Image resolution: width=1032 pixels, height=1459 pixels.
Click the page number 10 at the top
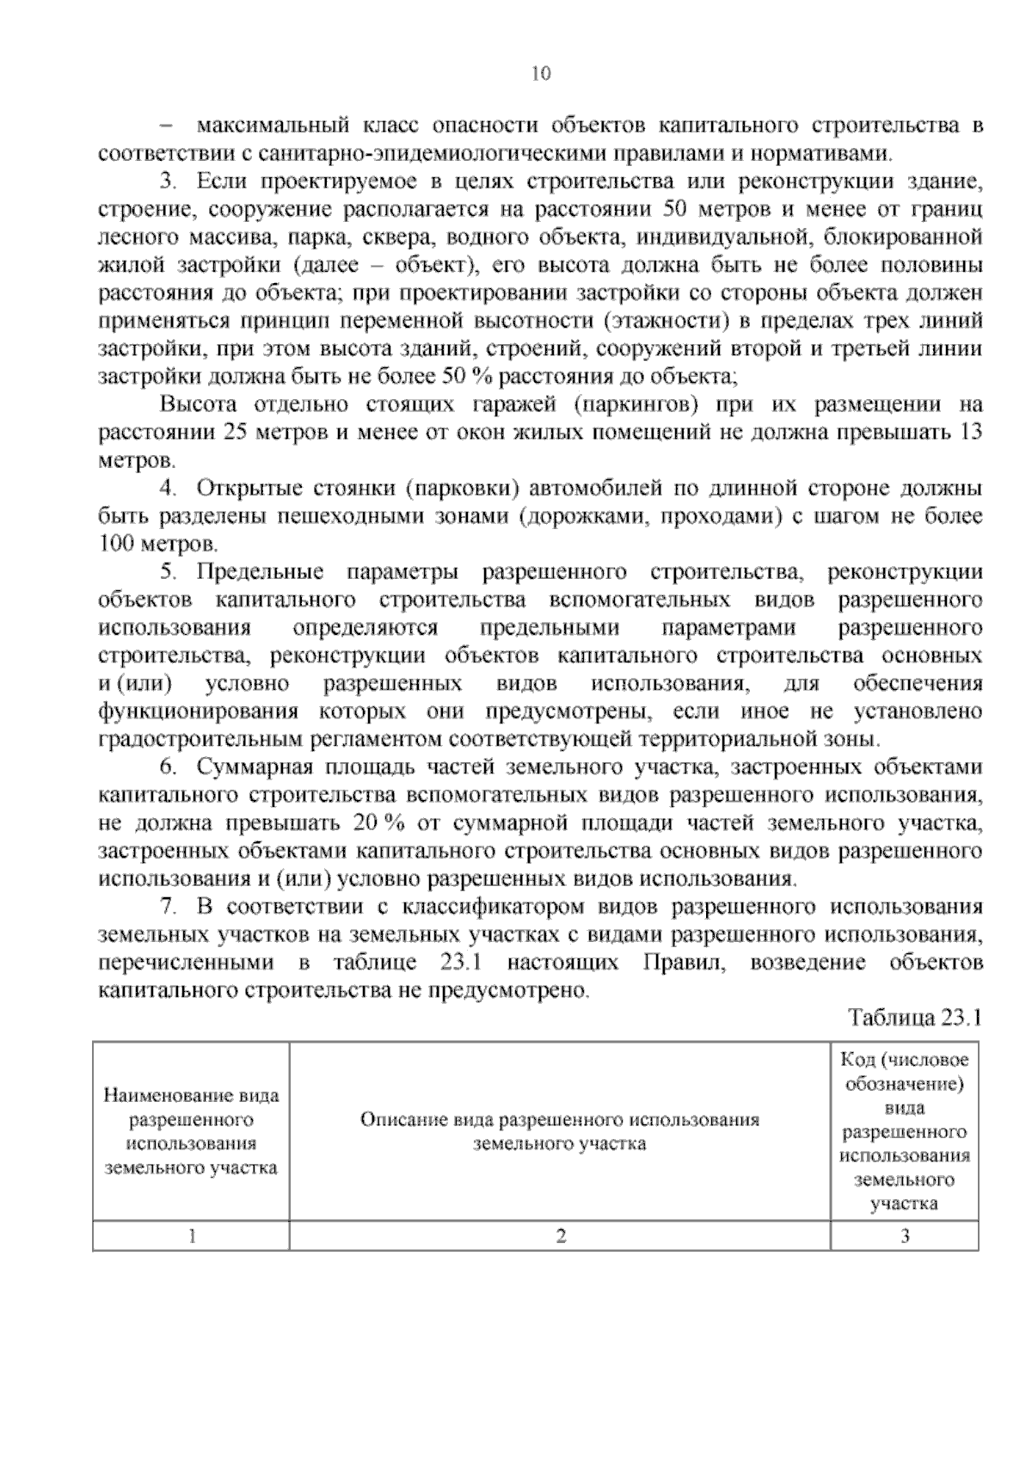[541, 73]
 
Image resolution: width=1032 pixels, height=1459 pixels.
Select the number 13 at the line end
[969, 432]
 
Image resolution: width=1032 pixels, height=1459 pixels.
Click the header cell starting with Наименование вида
[191, 1131]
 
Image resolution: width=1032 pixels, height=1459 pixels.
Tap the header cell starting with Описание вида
[560, 1131]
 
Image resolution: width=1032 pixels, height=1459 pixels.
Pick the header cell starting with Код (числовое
[904, 1131]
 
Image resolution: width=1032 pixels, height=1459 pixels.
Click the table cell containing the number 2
[560, 1236]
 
